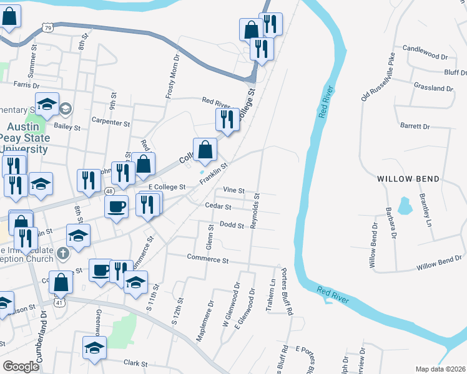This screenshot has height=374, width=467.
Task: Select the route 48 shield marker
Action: click(109, 191)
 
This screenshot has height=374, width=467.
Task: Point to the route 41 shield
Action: click(58, 302)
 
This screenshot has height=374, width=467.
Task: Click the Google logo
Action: click(21, 367)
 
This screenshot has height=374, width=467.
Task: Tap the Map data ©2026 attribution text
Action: click(440, 369)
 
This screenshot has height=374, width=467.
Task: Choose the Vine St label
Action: click(232, 190)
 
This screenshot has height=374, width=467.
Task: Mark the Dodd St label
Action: click(231, 225)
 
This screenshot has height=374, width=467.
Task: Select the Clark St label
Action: click(135, 363)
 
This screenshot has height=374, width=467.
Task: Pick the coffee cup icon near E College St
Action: click(117, 207)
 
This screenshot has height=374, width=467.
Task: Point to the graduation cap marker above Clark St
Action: click(94, 347)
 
